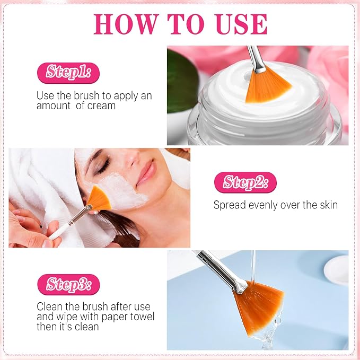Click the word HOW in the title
pos(126,24)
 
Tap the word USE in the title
pos(242,24)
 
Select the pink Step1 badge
pos(68,73)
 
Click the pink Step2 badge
pos(245,182)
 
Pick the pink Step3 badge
pos(68,285)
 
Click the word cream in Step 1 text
pos(101,106)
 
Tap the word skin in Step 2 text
pos(328,205)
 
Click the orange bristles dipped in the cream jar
pos(267,86)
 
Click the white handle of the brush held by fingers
pos(58,232)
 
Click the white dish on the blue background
pos(336,270)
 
